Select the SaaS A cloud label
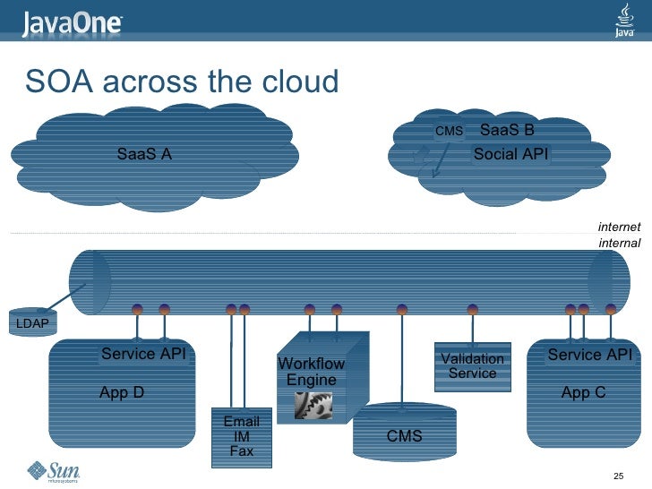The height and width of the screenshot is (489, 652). tap(144, 154)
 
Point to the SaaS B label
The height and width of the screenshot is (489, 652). tap(507, 131)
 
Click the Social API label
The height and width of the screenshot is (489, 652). tap(510, 154)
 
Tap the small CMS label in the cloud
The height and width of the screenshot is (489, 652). tap(449, 132)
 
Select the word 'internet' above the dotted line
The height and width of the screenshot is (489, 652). tap(619, 226)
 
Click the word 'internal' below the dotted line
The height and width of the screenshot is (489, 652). tap(619, 243)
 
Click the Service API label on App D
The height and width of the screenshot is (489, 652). tap(143, 354)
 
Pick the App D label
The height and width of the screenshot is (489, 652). tap(122, 392)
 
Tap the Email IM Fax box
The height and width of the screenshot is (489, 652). tap(241, 436)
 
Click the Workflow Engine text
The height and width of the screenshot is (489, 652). tap(312, 372)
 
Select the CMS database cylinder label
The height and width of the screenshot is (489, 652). tap(404, 436)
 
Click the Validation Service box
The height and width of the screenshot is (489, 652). tap(472, 365)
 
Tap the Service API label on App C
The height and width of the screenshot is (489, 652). tap(589, 355)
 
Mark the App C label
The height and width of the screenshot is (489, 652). tap(583, 392)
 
